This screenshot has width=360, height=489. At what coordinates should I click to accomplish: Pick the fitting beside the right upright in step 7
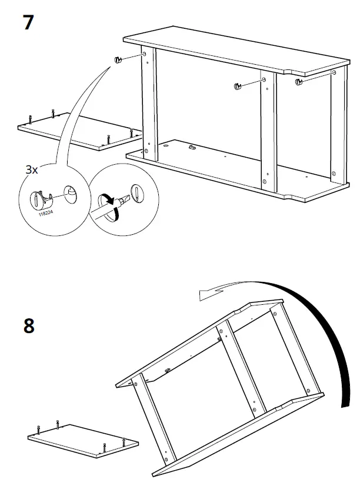point(299,82)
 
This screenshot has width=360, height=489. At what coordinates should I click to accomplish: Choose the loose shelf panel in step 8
point(82,440)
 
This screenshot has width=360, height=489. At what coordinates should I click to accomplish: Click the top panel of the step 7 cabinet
point(235,52)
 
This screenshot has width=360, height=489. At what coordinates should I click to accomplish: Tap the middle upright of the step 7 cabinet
point(268,129)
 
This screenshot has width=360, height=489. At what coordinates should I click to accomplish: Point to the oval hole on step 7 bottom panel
point(166,143)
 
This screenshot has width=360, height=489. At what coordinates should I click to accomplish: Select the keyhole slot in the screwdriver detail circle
point(136,192)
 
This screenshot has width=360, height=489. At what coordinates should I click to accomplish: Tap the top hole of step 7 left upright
point(145,55)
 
